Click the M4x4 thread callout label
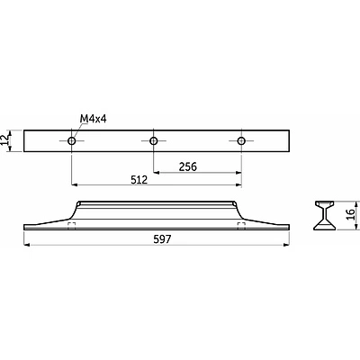tap(93, 119)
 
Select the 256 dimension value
tap(188, 166)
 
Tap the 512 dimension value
tap(139, 180)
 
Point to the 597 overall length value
tap(162, 239)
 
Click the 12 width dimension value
tap(4, 140)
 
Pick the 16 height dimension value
tap(350, 214)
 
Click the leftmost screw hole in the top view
tap(71, 140)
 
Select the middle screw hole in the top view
tap(154, 140)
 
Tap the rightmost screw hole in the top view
tap(241, 140)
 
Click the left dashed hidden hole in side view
tap(71, 226)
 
